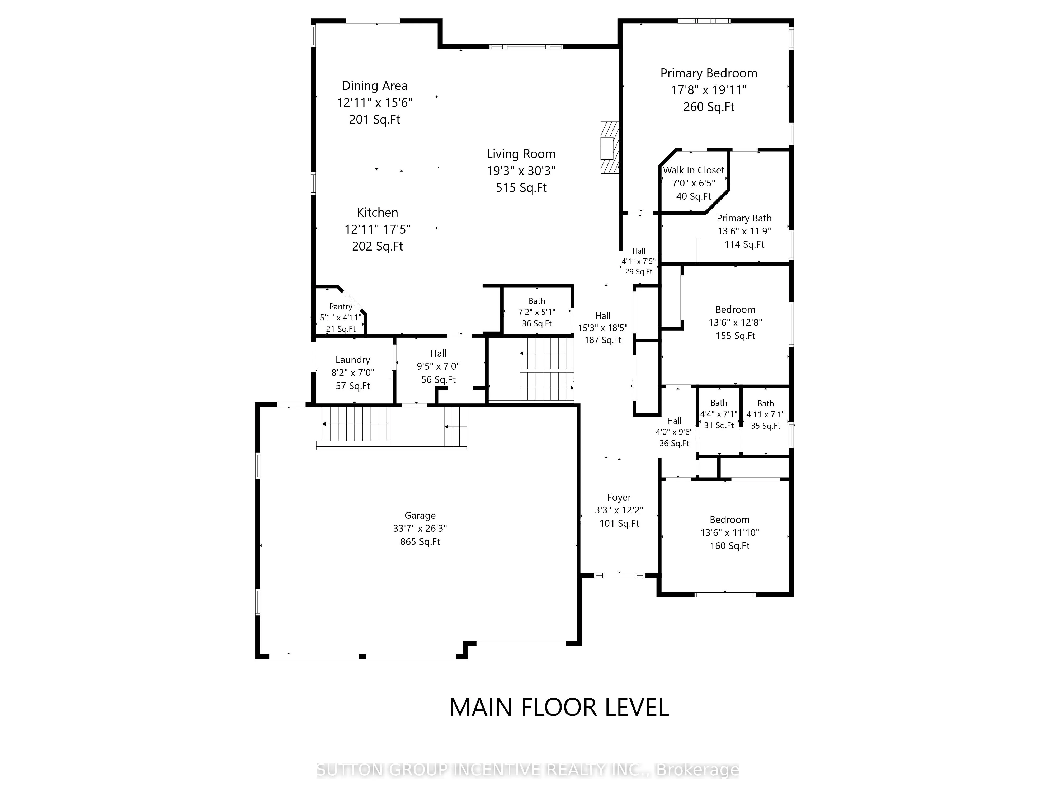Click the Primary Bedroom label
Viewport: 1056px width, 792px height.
[x=709, y=73]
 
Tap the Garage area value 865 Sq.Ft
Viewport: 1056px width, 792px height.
[x=420, y=541]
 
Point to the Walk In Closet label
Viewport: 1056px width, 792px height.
[x=694, y=170]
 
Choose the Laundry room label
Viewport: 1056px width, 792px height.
[x=353, y=360]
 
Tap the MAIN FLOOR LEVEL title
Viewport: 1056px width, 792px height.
[x=559, y=707]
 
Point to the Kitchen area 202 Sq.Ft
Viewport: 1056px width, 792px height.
[x=378, y=246]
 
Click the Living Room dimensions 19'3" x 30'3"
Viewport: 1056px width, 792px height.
[x=521, y=171]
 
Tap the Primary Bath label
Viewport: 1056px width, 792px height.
[x=744, y=218]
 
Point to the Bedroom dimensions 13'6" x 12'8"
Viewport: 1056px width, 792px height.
[x=735, y=323]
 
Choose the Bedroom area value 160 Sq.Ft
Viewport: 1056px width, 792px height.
[x=730, y=546]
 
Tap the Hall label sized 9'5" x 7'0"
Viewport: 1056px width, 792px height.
[x=438, y=353]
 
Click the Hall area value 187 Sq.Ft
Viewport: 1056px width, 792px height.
[x=603, y=340]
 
